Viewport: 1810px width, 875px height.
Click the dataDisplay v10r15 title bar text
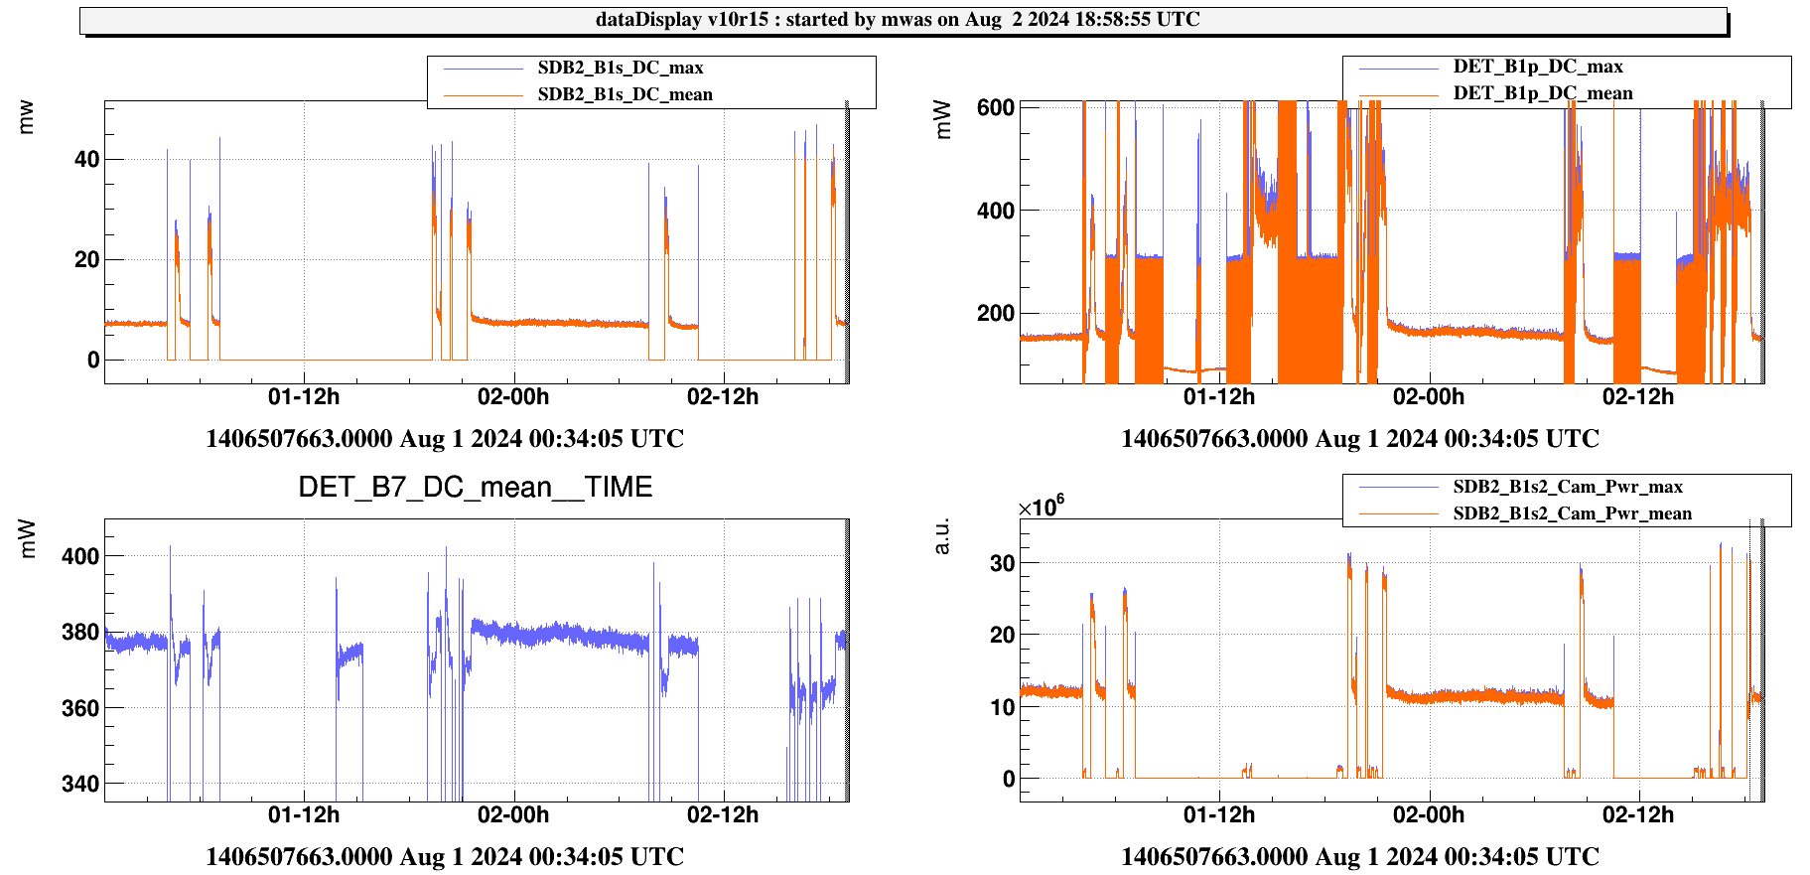click(898, 20)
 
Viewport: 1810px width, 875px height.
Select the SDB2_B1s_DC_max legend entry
click(621, 68)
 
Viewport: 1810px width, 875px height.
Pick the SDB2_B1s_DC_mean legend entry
click(625, 94)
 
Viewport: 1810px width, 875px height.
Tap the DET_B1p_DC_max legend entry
click(1538, 67)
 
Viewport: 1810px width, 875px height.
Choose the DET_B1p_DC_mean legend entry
click(1542, 93)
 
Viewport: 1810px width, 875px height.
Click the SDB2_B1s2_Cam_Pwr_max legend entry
click(1567, 487)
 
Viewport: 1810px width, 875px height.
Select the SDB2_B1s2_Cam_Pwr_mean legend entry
click(1572, 513)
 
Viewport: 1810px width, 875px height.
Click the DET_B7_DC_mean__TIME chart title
click(476, 487)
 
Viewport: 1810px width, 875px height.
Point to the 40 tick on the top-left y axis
click(86, 159)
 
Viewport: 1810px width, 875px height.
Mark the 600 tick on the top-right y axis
click(995, 107)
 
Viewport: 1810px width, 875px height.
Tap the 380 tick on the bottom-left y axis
click(80, 632)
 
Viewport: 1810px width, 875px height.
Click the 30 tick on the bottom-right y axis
click(1002, 563)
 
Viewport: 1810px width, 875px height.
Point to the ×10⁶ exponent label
click(1041, 507)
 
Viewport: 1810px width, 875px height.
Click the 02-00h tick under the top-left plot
click(513, 397)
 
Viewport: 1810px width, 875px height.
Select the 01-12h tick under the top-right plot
click(1218, 397)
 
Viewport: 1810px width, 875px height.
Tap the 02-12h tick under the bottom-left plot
click(723, 815)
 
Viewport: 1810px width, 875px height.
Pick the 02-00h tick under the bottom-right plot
click(1428, 815)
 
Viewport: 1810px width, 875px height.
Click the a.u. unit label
click(942, 535)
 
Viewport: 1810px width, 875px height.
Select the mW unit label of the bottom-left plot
click(27, 538)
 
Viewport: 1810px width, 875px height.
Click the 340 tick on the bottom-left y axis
click(80, 784)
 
